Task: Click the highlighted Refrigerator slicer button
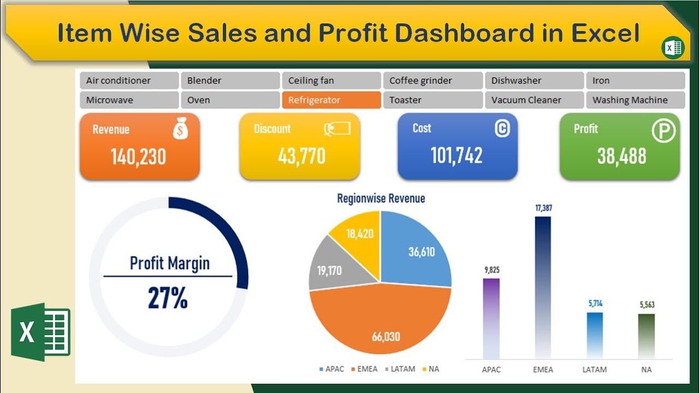(331, 100)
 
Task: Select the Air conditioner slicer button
(129, 80)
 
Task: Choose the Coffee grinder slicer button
(433, 80)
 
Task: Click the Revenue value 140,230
(139, 157)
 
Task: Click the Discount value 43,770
(301, 157)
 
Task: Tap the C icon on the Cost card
(502, 128)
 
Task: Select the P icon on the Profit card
(664, 131)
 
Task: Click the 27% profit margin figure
(168, 298)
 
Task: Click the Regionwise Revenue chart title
(381, 198)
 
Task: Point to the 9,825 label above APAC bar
(491, 270)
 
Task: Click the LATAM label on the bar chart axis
(594, 370)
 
